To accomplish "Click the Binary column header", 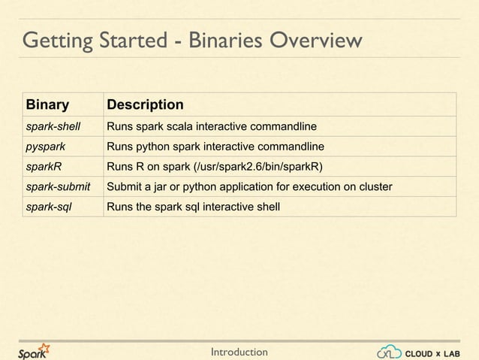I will pos(48,104).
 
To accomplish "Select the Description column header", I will pos(145,104).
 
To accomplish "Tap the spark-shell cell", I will pos(53,125).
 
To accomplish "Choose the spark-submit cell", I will pos(58,186).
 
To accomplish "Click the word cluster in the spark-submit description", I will pos(374,186).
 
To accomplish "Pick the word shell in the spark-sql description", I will pos(267,206).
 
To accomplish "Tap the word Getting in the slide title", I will pos(56,40).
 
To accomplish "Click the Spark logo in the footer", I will pos(35,350).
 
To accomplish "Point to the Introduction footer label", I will pos(239,351).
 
